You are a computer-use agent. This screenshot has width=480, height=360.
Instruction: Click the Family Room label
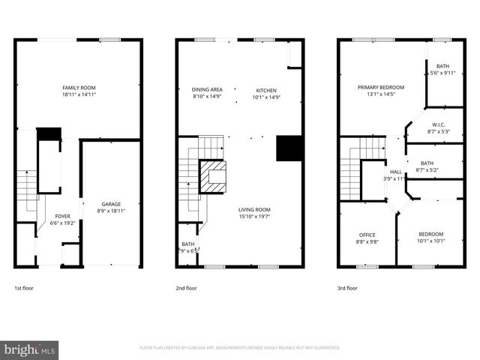pos(79,91)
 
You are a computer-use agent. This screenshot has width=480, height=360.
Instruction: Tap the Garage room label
pos(111,208)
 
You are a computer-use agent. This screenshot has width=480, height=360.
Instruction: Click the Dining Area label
pos(207,93)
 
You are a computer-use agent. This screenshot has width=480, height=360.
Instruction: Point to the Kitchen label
pos(266,93)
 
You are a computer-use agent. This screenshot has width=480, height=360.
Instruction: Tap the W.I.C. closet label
pos(439,127)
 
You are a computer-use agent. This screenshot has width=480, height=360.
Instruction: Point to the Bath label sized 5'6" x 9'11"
pos(442,69)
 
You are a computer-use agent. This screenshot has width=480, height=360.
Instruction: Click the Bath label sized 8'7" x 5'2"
pos(427,166)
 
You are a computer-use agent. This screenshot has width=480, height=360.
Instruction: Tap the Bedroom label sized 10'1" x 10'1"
pos(431,238)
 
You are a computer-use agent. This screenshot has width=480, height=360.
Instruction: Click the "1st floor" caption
pos(23,288)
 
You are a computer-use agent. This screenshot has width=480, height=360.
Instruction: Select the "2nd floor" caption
pos(186,288)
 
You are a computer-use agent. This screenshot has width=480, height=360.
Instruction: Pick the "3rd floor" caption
pos(347,288)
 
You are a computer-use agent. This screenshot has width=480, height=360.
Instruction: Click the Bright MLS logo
pos(30,349)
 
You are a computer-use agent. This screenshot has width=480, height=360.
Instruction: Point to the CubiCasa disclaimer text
pos(240,348)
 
